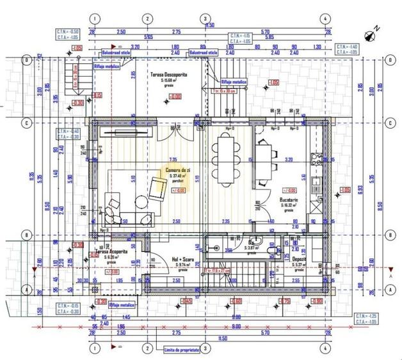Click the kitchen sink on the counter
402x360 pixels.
(315, 186)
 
